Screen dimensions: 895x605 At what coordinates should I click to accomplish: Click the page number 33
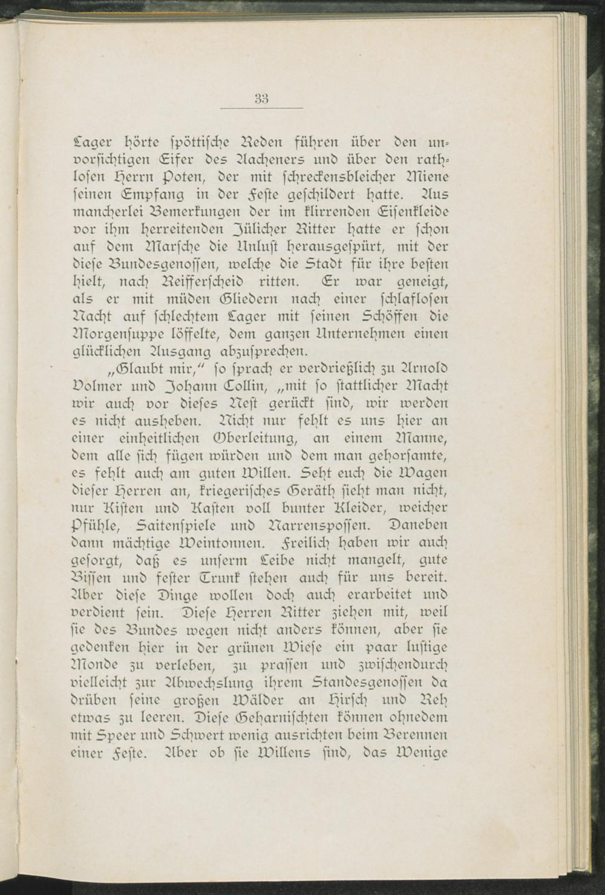[261, 98]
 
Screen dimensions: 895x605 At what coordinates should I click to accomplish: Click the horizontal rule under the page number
[261, 109]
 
